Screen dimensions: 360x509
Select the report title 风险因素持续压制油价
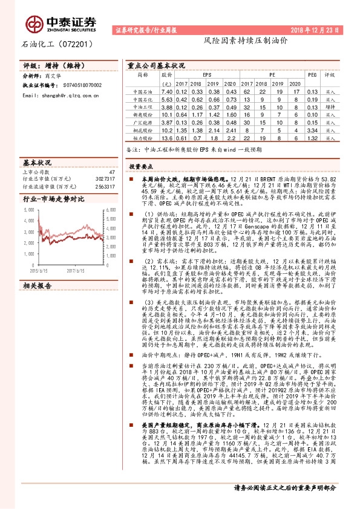229,45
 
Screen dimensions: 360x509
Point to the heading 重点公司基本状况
156,65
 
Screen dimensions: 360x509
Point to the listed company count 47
111,172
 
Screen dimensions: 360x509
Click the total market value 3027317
105,180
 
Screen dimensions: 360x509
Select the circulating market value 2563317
105,187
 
